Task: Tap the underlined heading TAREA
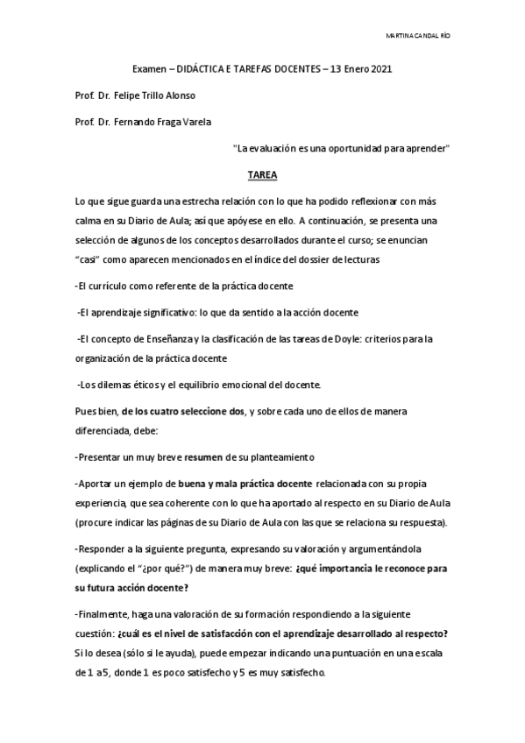262,174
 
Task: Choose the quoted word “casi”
89,259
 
